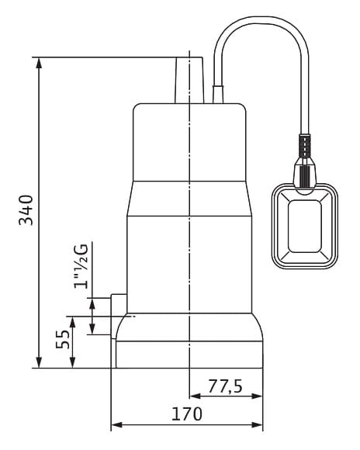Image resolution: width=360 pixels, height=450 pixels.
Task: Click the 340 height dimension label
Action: [26, 209]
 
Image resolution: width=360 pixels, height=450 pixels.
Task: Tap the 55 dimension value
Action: [63, 339]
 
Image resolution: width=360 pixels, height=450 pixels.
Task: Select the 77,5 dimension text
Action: [225, 386]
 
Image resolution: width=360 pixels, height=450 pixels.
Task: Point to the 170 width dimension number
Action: [187, 414]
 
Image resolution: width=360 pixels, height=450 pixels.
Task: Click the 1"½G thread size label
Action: [81, 266]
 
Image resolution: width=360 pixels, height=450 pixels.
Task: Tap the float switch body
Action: [305, 226]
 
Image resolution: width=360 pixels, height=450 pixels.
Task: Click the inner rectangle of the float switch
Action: [304, 226]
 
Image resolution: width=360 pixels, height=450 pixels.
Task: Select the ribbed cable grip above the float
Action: [305, 146]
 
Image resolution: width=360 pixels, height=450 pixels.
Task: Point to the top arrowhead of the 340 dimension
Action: [39, 63]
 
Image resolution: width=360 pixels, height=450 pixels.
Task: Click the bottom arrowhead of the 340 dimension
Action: [39, 362]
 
